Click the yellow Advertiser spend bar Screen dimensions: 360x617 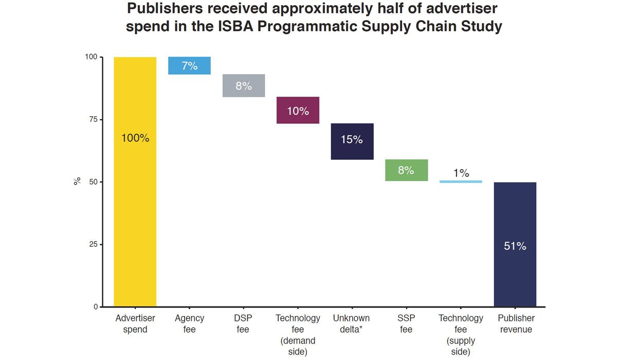point(135,206)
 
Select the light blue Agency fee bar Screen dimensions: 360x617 point(189,65)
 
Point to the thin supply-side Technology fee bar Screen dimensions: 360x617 point(461,182)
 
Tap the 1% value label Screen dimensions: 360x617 point(461,173)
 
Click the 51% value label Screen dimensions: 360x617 point(515,246)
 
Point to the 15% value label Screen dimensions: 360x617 point(352,139)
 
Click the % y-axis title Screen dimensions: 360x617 point(78,182)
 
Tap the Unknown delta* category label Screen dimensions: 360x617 point(352,323)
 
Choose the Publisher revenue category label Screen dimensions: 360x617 point(516,323)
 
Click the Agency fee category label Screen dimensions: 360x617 point(189,323)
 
